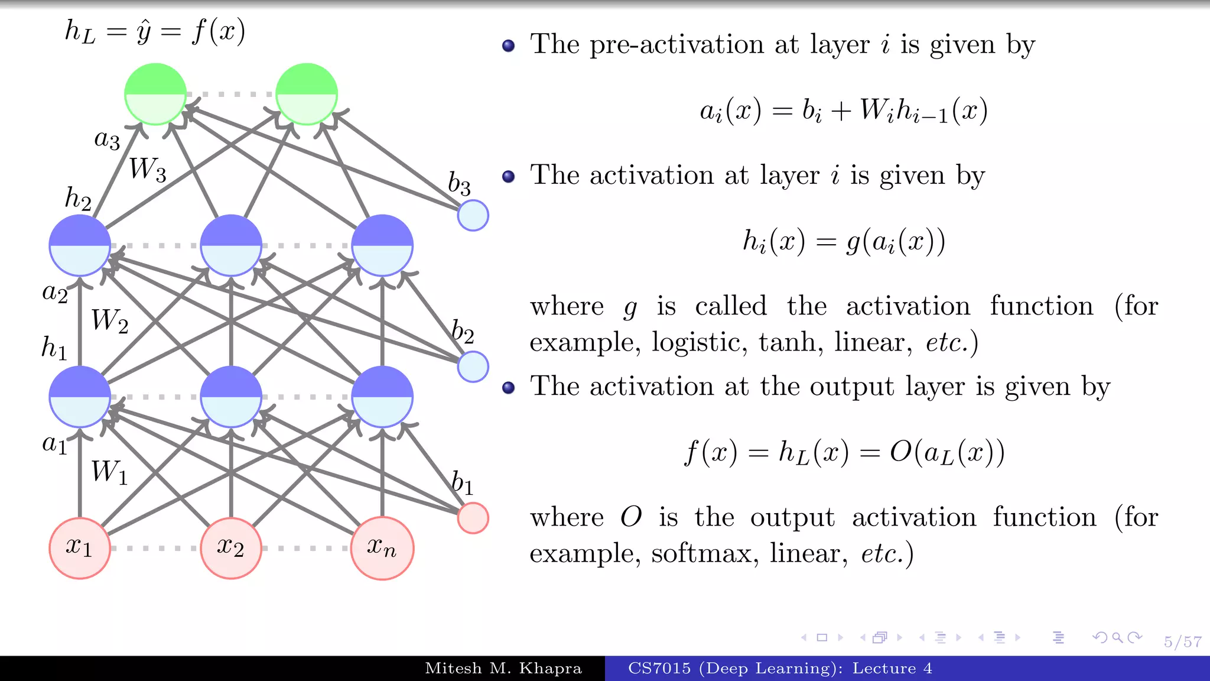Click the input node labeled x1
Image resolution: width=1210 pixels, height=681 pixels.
(80, 548)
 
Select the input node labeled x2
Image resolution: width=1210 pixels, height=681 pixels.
(231, 548)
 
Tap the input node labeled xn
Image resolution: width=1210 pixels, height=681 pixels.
(382, 548)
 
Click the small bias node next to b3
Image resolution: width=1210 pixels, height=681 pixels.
(473, 215)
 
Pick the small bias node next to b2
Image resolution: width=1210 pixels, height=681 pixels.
(473, 367)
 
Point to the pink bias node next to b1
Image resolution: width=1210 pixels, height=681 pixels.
(473, 518)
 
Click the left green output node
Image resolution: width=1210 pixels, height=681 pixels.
(155, 94)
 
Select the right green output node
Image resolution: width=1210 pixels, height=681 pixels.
(307, 94)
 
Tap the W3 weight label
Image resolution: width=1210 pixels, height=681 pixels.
(147, 169)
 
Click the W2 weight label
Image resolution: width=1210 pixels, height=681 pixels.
(109, 320)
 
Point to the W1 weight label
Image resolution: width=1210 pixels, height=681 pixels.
(109, 472)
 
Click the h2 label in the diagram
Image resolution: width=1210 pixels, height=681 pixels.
(78, 199)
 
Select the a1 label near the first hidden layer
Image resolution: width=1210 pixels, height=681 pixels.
(54, 443)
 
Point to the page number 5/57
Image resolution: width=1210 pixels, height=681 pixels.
(1182, 642)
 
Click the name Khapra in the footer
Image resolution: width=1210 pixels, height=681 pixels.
(550, 669)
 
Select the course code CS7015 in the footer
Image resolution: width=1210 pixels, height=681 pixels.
(659, 669)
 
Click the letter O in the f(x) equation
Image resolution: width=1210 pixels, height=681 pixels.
(900, 452)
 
